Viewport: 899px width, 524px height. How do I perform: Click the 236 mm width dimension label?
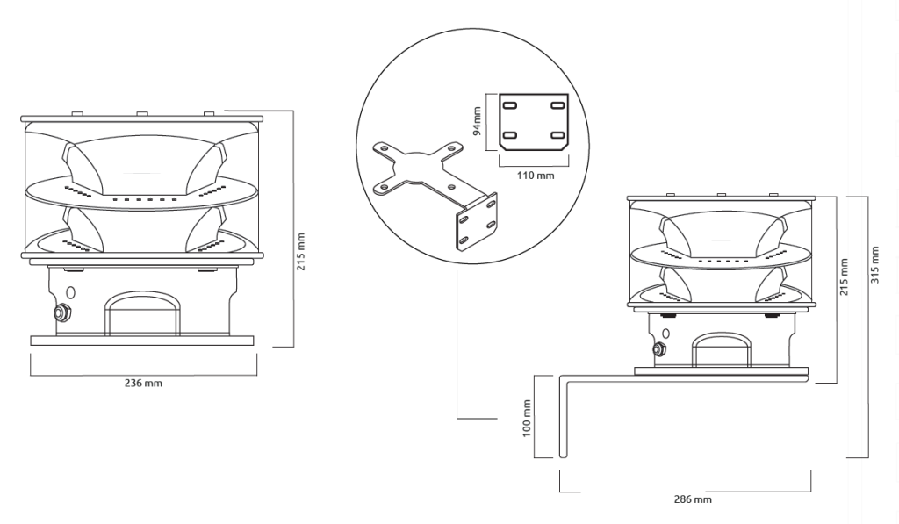[x=143, y=383]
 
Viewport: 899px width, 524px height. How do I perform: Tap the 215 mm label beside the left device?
[x=302, y=251]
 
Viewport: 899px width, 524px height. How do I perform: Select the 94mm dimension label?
[x=477, y=122]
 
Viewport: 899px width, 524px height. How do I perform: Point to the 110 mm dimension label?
[x=536, y=176]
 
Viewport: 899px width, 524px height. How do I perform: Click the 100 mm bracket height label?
[x=528, y=419]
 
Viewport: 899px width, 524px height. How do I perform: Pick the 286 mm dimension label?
[x=693, y=499]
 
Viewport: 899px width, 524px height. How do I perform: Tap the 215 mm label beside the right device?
[x=844, y=277]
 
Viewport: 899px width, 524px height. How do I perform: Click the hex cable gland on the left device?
[x=61, y=313]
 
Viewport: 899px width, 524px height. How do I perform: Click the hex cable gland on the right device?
[x=658, y=348]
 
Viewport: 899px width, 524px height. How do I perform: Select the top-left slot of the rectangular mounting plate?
[x=509, y=105]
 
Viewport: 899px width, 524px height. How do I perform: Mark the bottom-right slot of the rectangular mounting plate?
[x=557, y=135]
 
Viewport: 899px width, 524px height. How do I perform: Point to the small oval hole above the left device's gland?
[x=70, y=292]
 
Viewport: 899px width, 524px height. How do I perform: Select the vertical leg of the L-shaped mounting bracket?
[x=563, y=417]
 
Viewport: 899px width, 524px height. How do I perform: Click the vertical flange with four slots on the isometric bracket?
[x=477, y=222]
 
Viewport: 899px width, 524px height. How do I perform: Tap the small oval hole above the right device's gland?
[x=665, y=333]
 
